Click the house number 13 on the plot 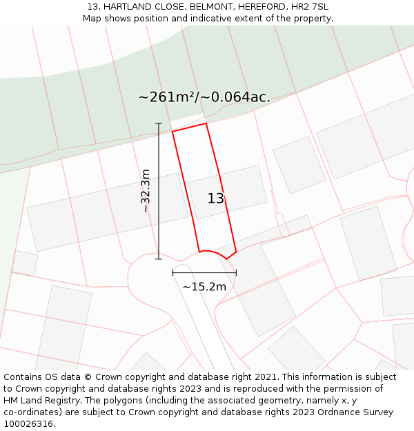tap(216, 199)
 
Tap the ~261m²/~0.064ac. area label tap(204, 97)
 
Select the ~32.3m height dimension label tap(145, 190)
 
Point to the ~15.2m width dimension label tap(204, 286)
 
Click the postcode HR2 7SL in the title tap(310, 7)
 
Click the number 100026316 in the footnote tap(28, 424)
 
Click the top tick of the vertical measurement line tap(159, 123)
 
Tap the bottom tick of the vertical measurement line tap(159, 259)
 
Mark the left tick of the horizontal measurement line tap(172, 273)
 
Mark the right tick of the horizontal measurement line tap(236, 273)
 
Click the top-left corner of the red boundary tap(172, 131)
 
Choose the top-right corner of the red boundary tap(206, 123)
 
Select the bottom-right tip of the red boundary tap(236, 252)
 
